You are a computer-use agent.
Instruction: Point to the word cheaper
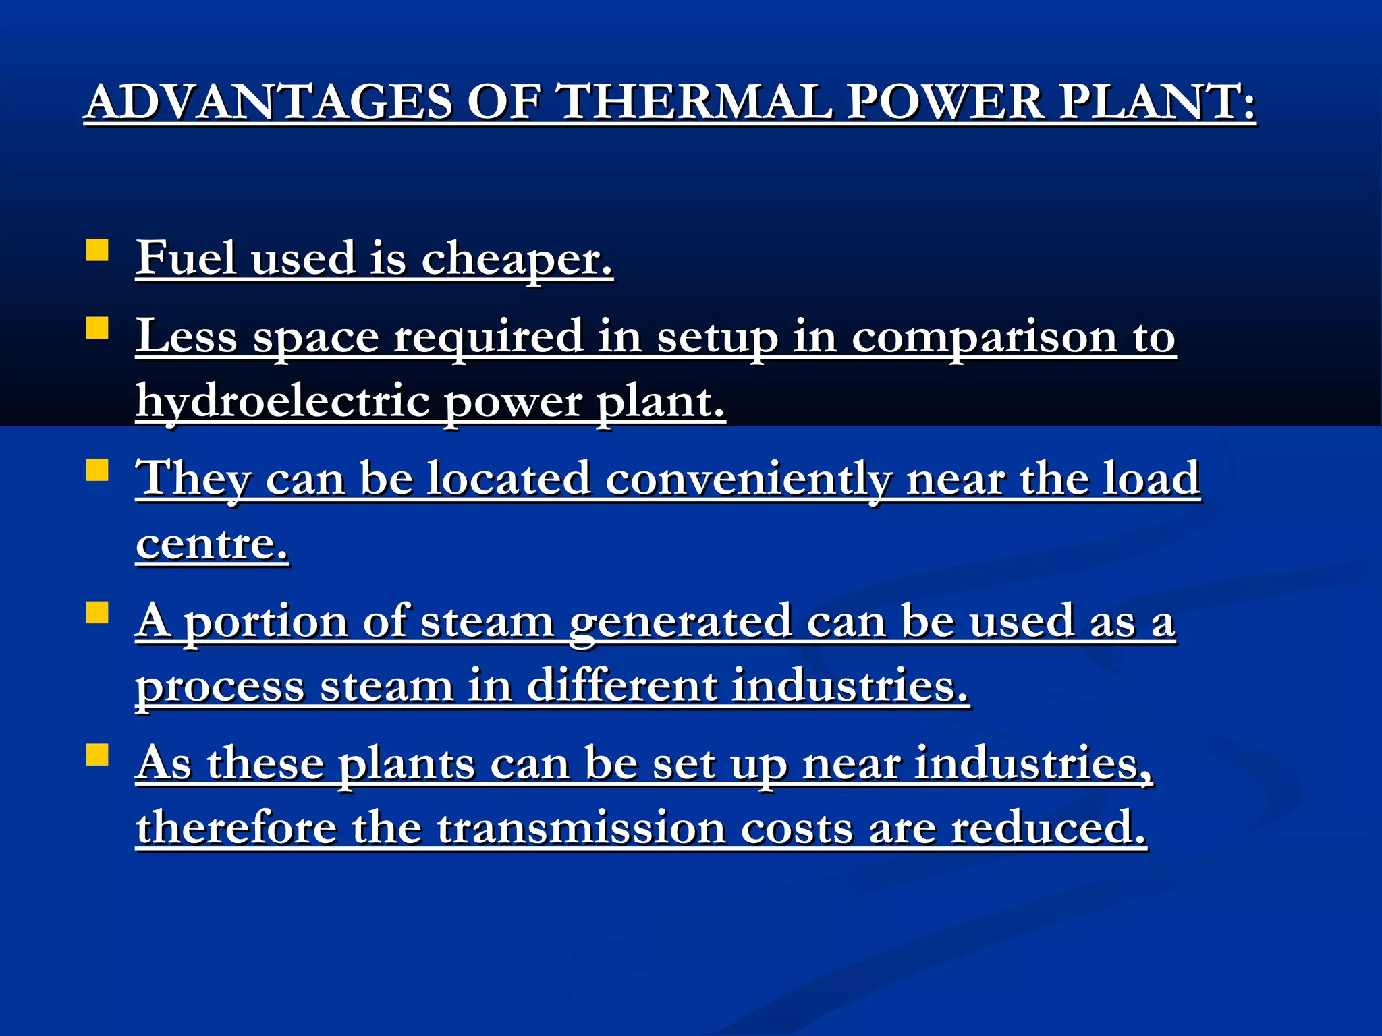point(517,259)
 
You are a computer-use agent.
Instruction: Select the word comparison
point(984,337)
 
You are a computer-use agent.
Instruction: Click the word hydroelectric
point(283,401)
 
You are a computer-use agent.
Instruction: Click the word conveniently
point(748,479)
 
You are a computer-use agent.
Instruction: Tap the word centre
point(212,544)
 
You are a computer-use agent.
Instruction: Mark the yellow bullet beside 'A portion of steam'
point(98,612)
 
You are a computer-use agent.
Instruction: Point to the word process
point(220,687)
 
